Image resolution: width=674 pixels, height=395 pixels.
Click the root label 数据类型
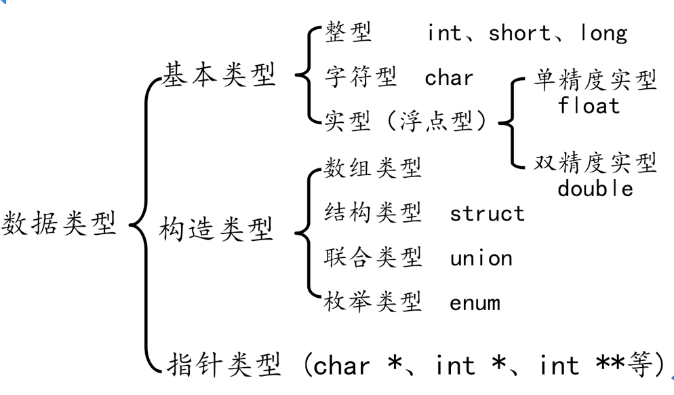(60, 223)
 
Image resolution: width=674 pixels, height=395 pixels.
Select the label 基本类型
(220, 76)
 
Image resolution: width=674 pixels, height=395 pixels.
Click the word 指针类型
(223, 365)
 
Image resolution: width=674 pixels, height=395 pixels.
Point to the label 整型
(348, 33)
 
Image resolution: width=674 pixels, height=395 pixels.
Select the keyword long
(603, 33)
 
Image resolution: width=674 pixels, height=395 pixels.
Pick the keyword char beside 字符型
(449, 78)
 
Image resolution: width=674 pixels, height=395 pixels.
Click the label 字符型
(361, 77)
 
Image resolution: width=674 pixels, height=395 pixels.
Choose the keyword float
(589, 105)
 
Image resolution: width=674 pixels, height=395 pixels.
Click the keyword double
(595, 188)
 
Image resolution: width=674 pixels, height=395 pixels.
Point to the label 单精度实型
(595, 81)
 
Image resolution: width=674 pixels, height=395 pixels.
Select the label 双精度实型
(595, 164)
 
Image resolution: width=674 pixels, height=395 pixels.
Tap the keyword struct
(487, 214)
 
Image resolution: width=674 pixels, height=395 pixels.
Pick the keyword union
(481, 258)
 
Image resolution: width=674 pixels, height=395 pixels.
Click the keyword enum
(474, 303)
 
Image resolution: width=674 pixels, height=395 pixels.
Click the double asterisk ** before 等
(610, 364)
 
